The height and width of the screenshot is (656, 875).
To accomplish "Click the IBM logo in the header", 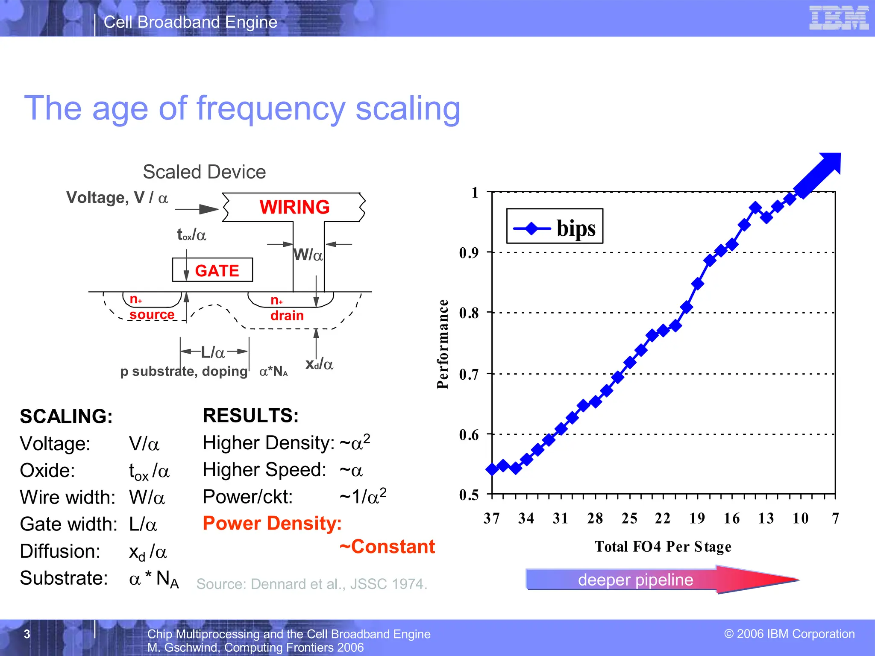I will coord(839,18).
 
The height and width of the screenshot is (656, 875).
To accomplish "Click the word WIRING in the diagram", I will coord(294,207).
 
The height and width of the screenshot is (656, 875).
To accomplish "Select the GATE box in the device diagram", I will coord(213,270).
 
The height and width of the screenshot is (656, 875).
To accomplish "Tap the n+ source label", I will coord(151,307).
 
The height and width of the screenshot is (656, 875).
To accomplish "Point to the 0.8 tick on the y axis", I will coord(469,313).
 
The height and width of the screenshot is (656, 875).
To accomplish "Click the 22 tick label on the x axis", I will coord(663,518).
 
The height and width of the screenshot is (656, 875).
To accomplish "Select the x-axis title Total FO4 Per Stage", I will coord(663,546).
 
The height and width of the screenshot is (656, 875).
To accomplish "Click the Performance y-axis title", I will coord(443,344).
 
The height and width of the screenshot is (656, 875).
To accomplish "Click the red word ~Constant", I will coord(387,547).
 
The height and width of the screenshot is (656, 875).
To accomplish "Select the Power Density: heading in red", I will coord(272,523).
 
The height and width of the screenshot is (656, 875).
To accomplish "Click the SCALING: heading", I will coord(66,416).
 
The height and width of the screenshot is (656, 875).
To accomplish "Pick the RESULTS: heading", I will coord(251,415).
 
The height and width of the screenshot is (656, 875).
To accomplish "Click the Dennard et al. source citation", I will coord(311,584).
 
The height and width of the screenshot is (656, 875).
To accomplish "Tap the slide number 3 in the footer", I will coord(27,634).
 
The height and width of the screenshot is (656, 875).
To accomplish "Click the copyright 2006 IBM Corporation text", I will coord(790,633).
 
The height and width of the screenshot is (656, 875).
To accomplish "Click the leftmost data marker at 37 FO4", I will coord(492,469).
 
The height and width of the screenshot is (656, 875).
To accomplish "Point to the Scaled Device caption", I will coord(204,172).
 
